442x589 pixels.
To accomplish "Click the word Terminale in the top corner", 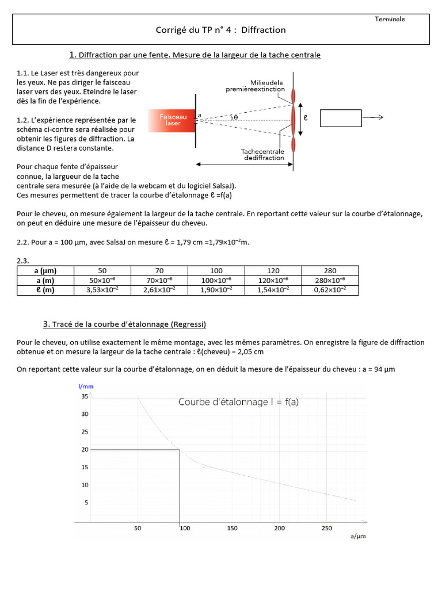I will [x=390, y=19].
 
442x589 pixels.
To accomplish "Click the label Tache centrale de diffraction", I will [x=263, y=154].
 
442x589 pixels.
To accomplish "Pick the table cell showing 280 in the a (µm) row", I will [x=330, y=270].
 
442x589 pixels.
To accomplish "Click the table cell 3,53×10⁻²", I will [x=102, y=290].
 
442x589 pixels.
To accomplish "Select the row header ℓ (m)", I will [x=45, y=290].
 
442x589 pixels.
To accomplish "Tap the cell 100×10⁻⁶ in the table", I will [x=216, y=280].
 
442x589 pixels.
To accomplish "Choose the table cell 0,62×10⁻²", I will [x=330, y=290].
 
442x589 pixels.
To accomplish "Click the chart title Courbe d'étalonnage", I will [x=238, y=402].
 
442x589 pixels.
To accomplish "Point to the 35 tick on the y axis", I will [x=85, y=396].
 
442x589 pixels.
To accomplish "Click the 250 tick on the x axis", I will [x=326, y=528].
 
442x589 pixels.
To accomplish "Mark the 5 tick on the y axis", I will [x=86, y=503].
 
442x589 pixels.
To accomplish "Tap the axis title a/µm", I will [x=358, y=537].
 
